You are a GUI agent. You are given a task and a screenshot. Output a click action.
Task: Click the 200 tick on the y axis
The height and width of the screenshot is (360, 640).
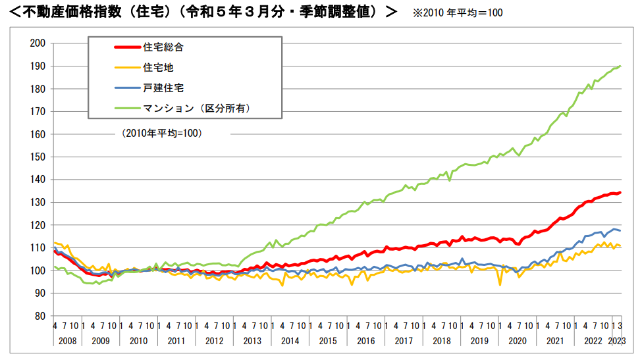pos(38,43)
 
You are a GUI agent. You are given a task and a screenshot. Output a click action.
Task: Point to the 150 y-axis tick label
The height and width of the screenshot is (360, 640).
pos(38,157)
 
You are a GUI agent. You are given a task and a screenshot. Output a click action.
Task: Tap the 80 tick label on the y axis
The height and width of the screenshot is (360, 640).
pos(40,316)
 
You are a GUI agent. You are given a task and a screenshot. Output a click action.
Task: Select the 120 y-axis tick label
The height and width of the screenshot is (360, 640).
pos(38,225)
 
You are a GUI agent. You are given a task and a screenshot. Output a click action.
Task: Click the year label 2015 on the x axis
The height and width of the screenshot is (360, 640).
pos(328,341)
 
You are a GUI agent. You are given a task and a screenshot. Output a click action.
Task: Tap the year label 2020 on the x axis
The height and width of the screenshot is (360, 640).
pos(518,341)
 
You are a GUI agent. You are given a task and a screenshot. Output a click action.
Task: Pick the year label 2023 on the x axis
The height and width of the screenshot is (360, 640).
pos(618,341)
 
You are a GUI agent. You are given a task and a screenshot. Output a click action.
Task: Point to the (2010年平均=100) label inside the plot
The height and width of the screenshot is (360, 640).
pos(161,133)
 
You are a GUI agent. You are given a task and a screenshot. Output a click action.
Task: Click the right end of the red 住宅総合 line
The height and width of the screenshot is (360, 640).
pos(620,193)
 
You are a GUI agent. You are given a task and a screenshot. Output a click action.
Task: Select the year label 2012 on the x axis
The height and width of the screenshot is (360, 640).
pos(214,341)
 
